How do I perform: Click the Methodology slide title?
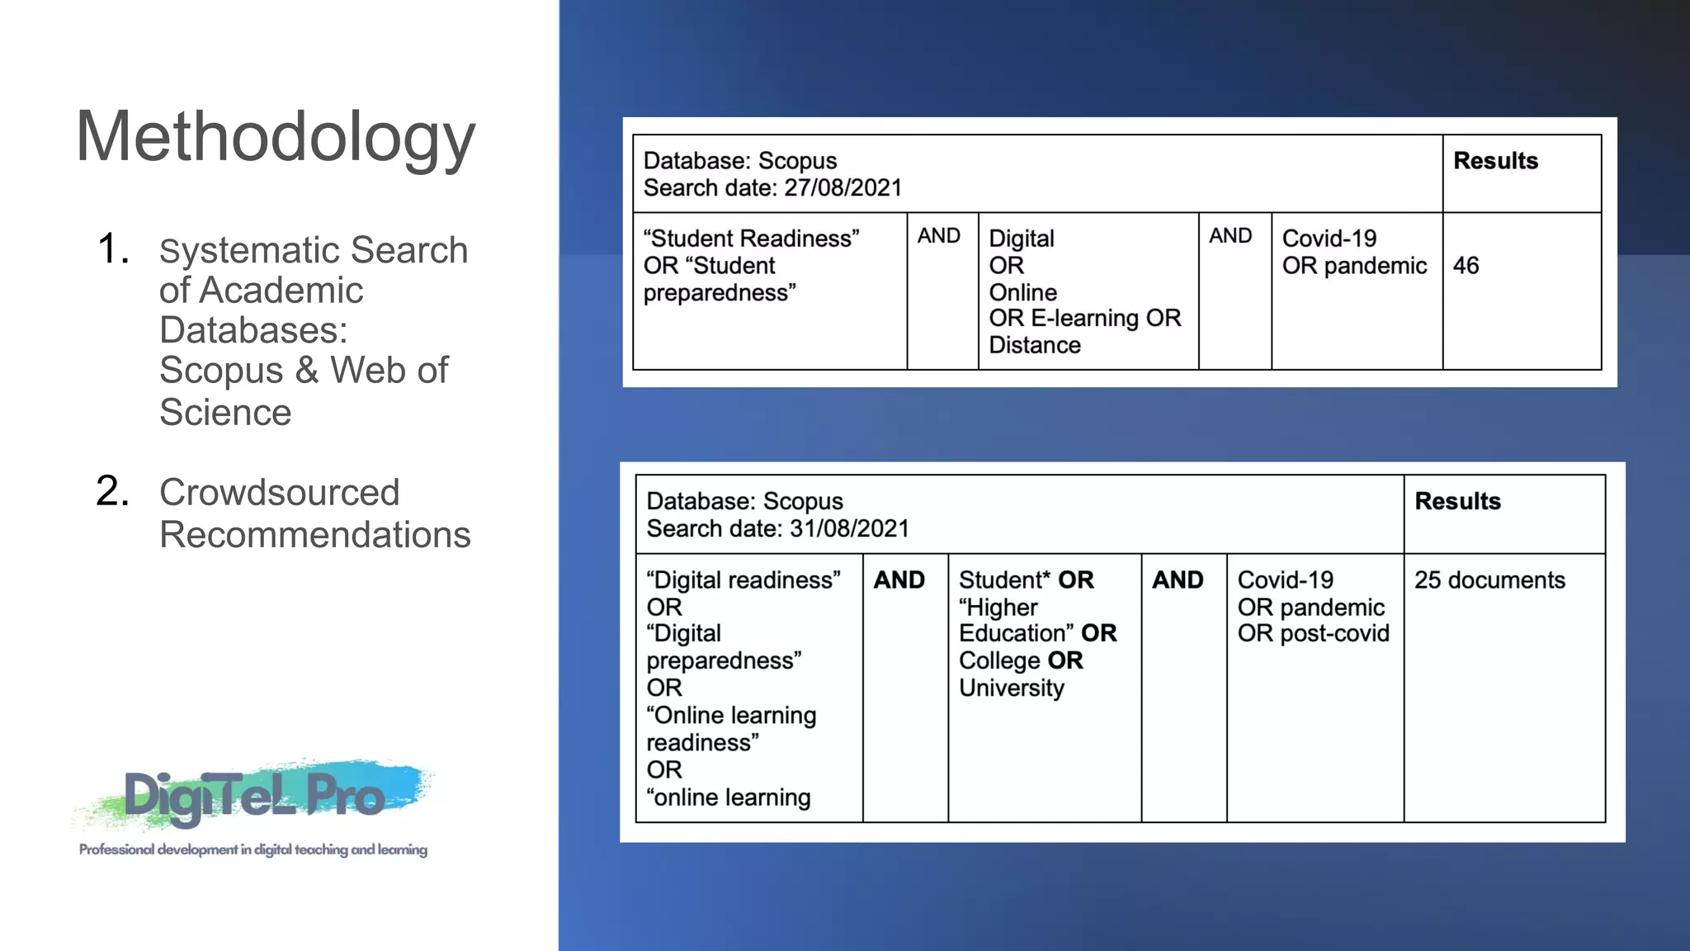coord(276,137)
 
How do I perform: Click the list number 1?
coord(113,248)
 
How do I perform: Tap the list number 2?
coord(113,491)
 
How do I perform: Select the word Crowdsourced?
coord(279,493)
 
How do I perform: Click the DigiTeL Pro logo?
coord(254,795)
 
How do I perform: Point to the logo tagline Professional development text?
coord(253,849)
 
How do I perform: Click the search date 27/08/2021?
coord(843,188)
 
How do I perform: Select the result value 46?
coord(1466,266)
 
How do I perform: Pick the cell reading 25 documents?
coord(1489,580)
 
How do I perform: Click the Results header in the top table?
coord(1495,161)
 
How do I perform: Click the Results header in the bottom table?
coord(1457,502)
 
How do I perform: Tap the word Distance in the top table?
coord(1035,345)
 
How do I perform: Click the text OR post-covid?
coord(1313,634)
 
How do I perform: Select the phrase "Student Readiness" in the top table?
coord(751,239)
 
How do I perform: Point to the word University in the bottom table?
coord(1012,688)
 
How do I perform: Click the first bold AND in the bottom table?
coord(899,580)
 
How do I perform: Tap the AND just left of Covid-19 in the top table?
coord(1230,236)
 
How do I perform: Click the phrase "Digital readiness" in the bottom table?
coord(743,580)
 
